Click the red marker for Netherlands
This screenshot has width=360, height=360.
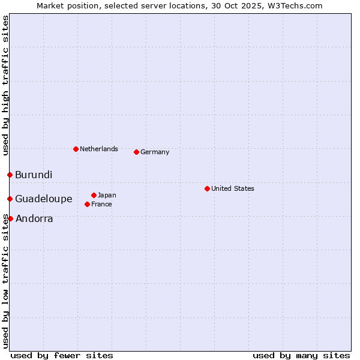(76, 149)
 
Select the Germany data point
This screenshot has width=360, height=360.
(136, 152)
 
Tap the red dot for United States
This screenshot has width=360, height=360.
(207, 188)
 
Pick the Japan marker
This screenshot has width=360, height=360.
(94, 195)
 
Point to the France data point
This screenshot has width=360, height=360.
(87, 204)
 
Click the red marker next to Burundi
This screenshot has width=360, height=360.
(10, 175)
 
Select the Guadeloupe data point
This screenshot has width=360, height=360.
(10, 199)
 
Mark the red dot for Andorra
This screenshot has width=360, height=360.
(10, 218)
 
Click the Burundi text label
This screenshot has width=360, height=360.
(34, 175)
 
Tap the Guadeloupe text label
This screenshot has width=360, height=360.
(44, 199)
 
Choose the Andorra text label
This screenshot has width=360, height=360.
(34, 219)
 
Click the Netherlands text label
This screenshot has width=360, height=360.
(99, 149)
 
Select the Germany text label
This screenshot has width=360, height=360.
(155, 152)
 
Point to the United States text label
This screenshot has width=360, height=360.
(233, 188)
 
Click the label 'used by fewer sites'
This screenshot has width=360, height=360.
(62, 355)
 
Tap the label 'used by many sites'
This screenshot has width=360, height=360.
(301, 355)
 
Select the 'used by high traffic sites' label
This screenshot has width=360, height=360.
(6, 85)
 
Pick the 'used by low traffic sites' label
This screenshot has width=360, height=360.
(6, 281)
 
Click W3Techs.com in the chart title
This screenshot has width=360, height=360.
(295, 5)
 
